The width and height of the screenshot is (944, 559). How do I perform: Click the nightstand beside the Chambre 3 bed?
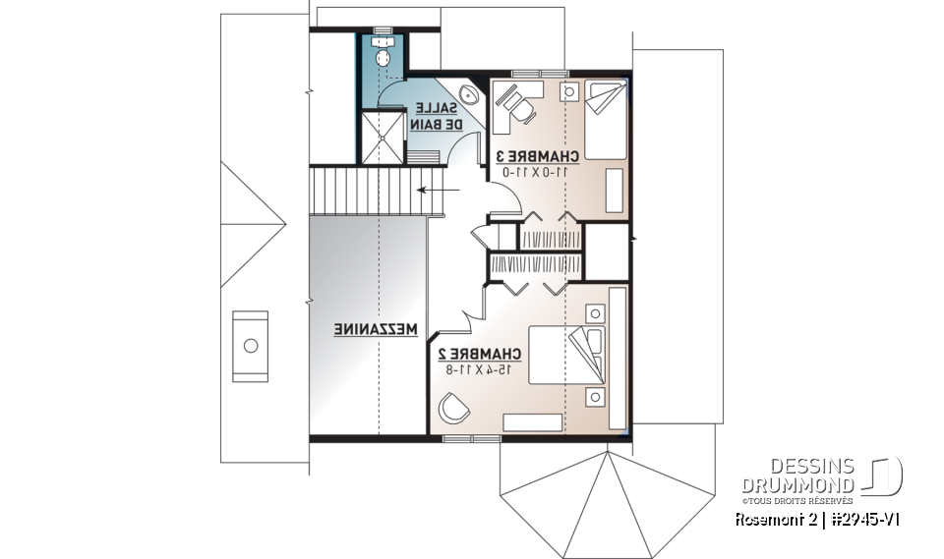[x=569, y=91]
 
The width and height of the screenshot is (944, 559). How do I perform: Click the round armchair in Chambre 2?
[x=454, y=406]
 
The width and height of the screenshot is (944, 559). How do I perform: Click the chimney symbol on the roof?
[x=250, y=346]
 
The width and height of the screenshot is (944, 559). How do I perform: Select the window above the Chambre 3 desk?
[x=539, y=74]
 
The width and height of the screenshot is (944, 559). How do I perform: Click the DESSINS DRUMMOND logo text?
[x=797, y=476]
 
